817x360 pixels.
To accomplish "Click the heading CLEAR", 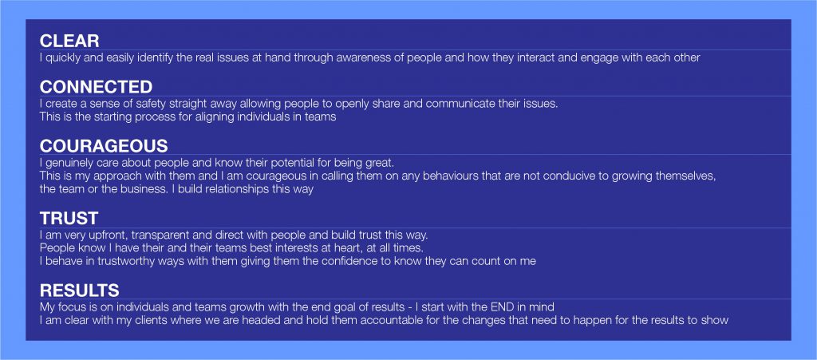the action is click(69, 41).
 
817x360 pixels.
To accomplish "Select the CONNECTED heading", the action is click(96, 86).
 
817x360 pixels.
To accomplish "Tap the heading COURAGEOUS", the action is click(104, 145).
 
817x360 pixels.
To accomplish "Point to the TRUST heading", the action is click(69, 218).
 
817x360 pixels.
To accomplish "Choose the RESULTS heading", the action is click(79, 291).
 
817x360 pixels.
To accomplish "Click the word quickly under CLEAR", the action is click(62, 57).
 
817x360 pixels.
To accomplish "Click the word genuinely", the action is click(69, 163).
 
